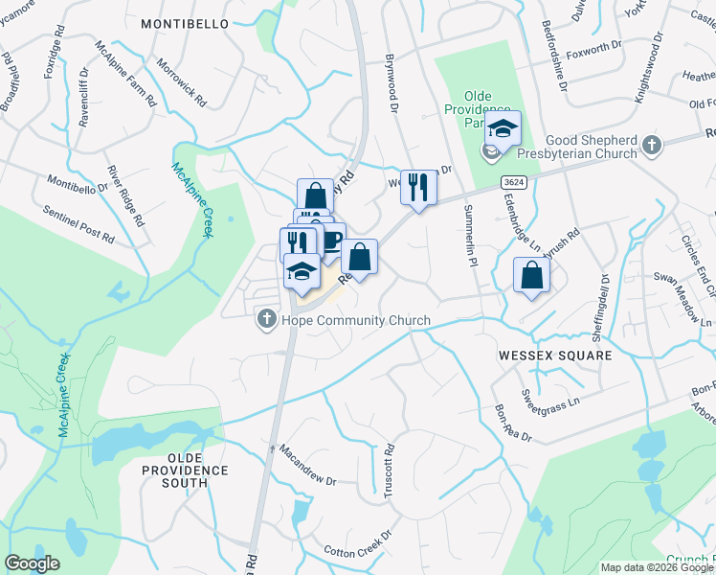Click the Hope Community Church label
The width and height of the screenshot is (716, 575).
click(356, 321)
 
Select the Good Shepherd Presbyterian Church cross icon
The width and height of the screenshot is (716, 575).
click(652, 147)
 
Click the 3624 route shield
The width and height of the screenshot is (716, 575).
click(511, 180)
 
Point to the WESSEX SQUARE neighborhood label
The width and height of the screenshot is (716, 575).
click(554, 355)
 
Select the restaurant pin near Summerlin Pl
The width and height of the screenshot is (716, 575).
click(417, 185)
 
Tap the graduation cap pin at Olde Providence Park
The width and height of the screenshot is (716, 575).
click(502, 128)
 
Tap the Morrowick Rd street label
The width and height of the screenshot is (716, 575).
click(182, 85)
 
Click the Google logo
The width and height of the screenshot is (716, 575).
click(32, 563)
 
